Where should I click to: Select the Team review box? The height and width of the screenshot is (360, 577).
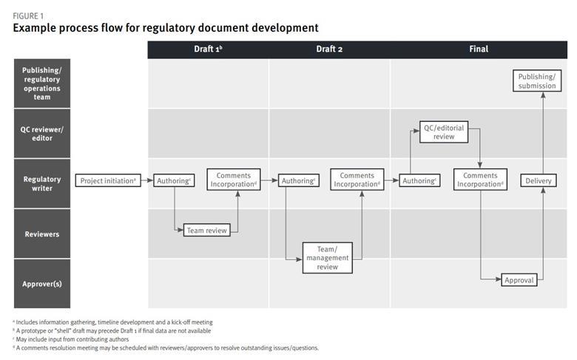[206, 231]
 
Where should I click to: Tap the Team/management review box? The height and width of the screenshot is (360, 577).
[327, 257]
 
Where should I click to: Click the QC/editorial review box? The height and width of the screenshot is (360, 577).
[444, 132]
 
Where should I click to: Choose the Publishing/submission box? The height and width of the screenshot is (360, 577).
[537, 81]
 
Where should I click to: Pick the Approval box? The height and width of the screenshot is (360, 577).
[519, 280]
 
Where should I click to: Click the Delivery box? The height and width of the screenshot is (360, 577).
[538, 180]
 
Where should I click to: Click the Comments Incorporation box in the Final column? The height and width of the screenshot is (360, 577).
[480, 180]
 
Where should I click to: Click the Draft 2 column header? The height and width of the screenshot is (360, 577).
[329, 50]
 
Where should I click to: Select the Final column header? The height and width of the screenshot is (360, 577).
[479, 50]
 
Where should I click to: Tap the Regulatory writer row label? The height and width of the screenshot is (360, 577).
[42, 183]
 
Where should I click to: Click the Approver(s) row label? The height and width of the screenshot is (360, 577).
[42, 284]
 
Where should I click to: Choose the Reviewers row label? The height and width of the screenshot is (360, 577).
[42, 234]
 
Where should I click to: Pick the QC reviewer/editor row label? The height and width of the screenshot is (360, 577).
[42, 133]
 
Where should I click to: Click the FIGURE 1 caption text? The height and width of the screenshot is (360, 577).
[28, 15]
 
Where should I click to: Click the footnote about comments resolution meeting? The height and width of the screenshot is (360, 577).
[166, 347]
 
